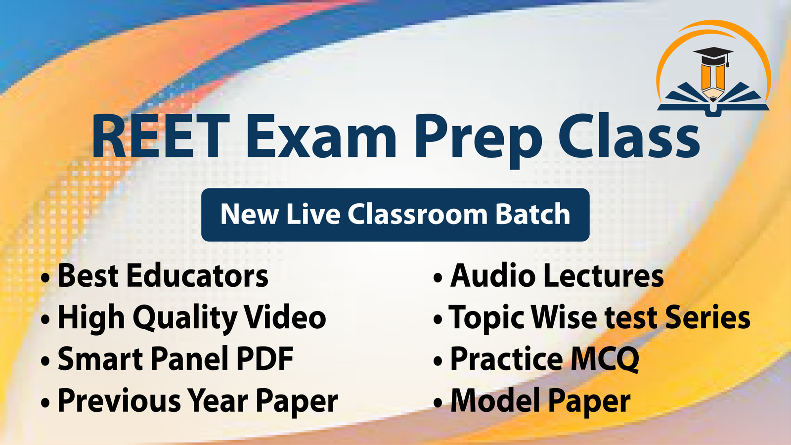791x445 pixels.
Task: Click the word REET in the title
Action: click(x=161, y=136)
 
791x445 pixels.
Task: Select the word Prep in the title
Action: click(x=478, y=141)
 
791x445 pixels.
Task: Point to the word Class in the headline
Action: click(x=628, y=136)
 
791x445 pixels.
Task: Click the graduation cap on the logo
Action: click(x=713, y=56)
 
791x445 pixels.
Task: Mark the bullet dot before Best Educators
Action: click(x=45, y=278)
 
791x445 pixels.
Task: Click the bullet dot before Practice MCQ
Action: click(x=438, y=361)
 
